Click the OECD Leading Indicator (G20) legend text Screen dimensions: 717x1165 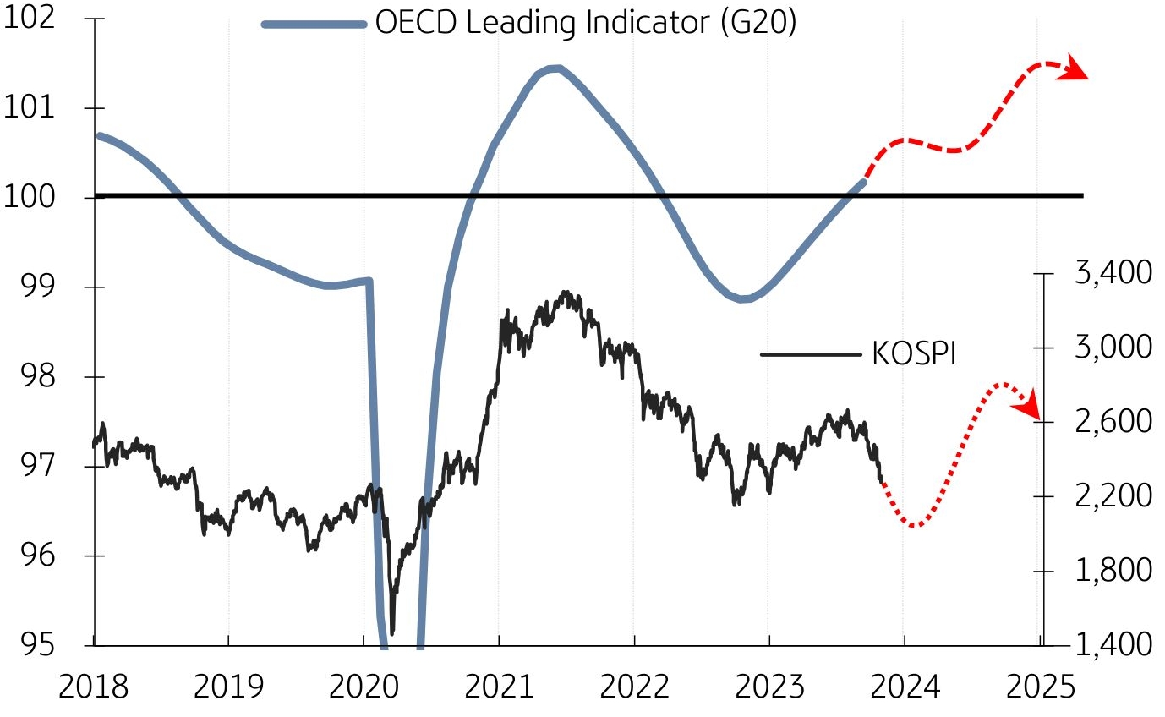586,23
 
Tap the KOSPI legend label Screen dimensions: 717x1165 913,354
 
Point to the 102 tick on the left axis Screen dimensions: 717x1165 29,19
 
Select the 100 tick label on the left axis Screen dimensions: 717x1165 29,198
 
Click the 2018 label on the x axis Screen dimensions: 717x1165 93,687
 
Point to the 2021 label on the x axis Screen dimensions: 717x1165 499,687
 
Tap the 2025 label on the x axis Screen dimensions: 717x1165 1040,687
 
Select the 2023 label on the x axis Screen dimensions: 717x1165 769,687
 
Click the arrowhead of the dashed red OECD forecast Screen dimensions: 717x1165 1075,70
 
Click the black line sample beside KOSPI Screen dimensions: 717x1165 811,354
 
